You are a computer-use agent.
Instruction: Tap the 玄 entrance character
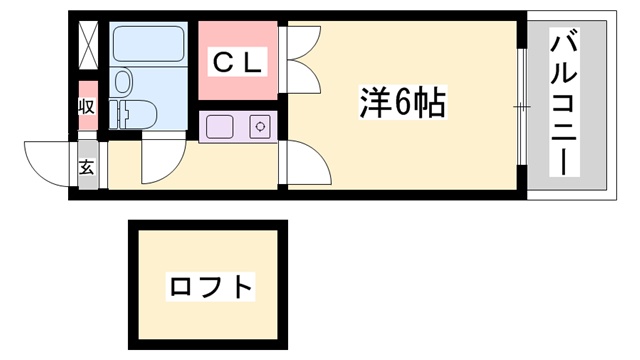click(86, 167)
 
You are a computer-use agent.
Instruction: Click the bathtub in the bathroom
click(147, 44)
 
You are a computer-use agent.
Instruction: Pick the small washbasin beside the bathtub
click(123, 80)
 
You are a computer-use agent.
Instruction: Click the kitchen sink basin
click(219, 127)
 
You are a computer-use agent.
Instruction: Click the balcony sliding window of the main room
click(521, 105)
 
